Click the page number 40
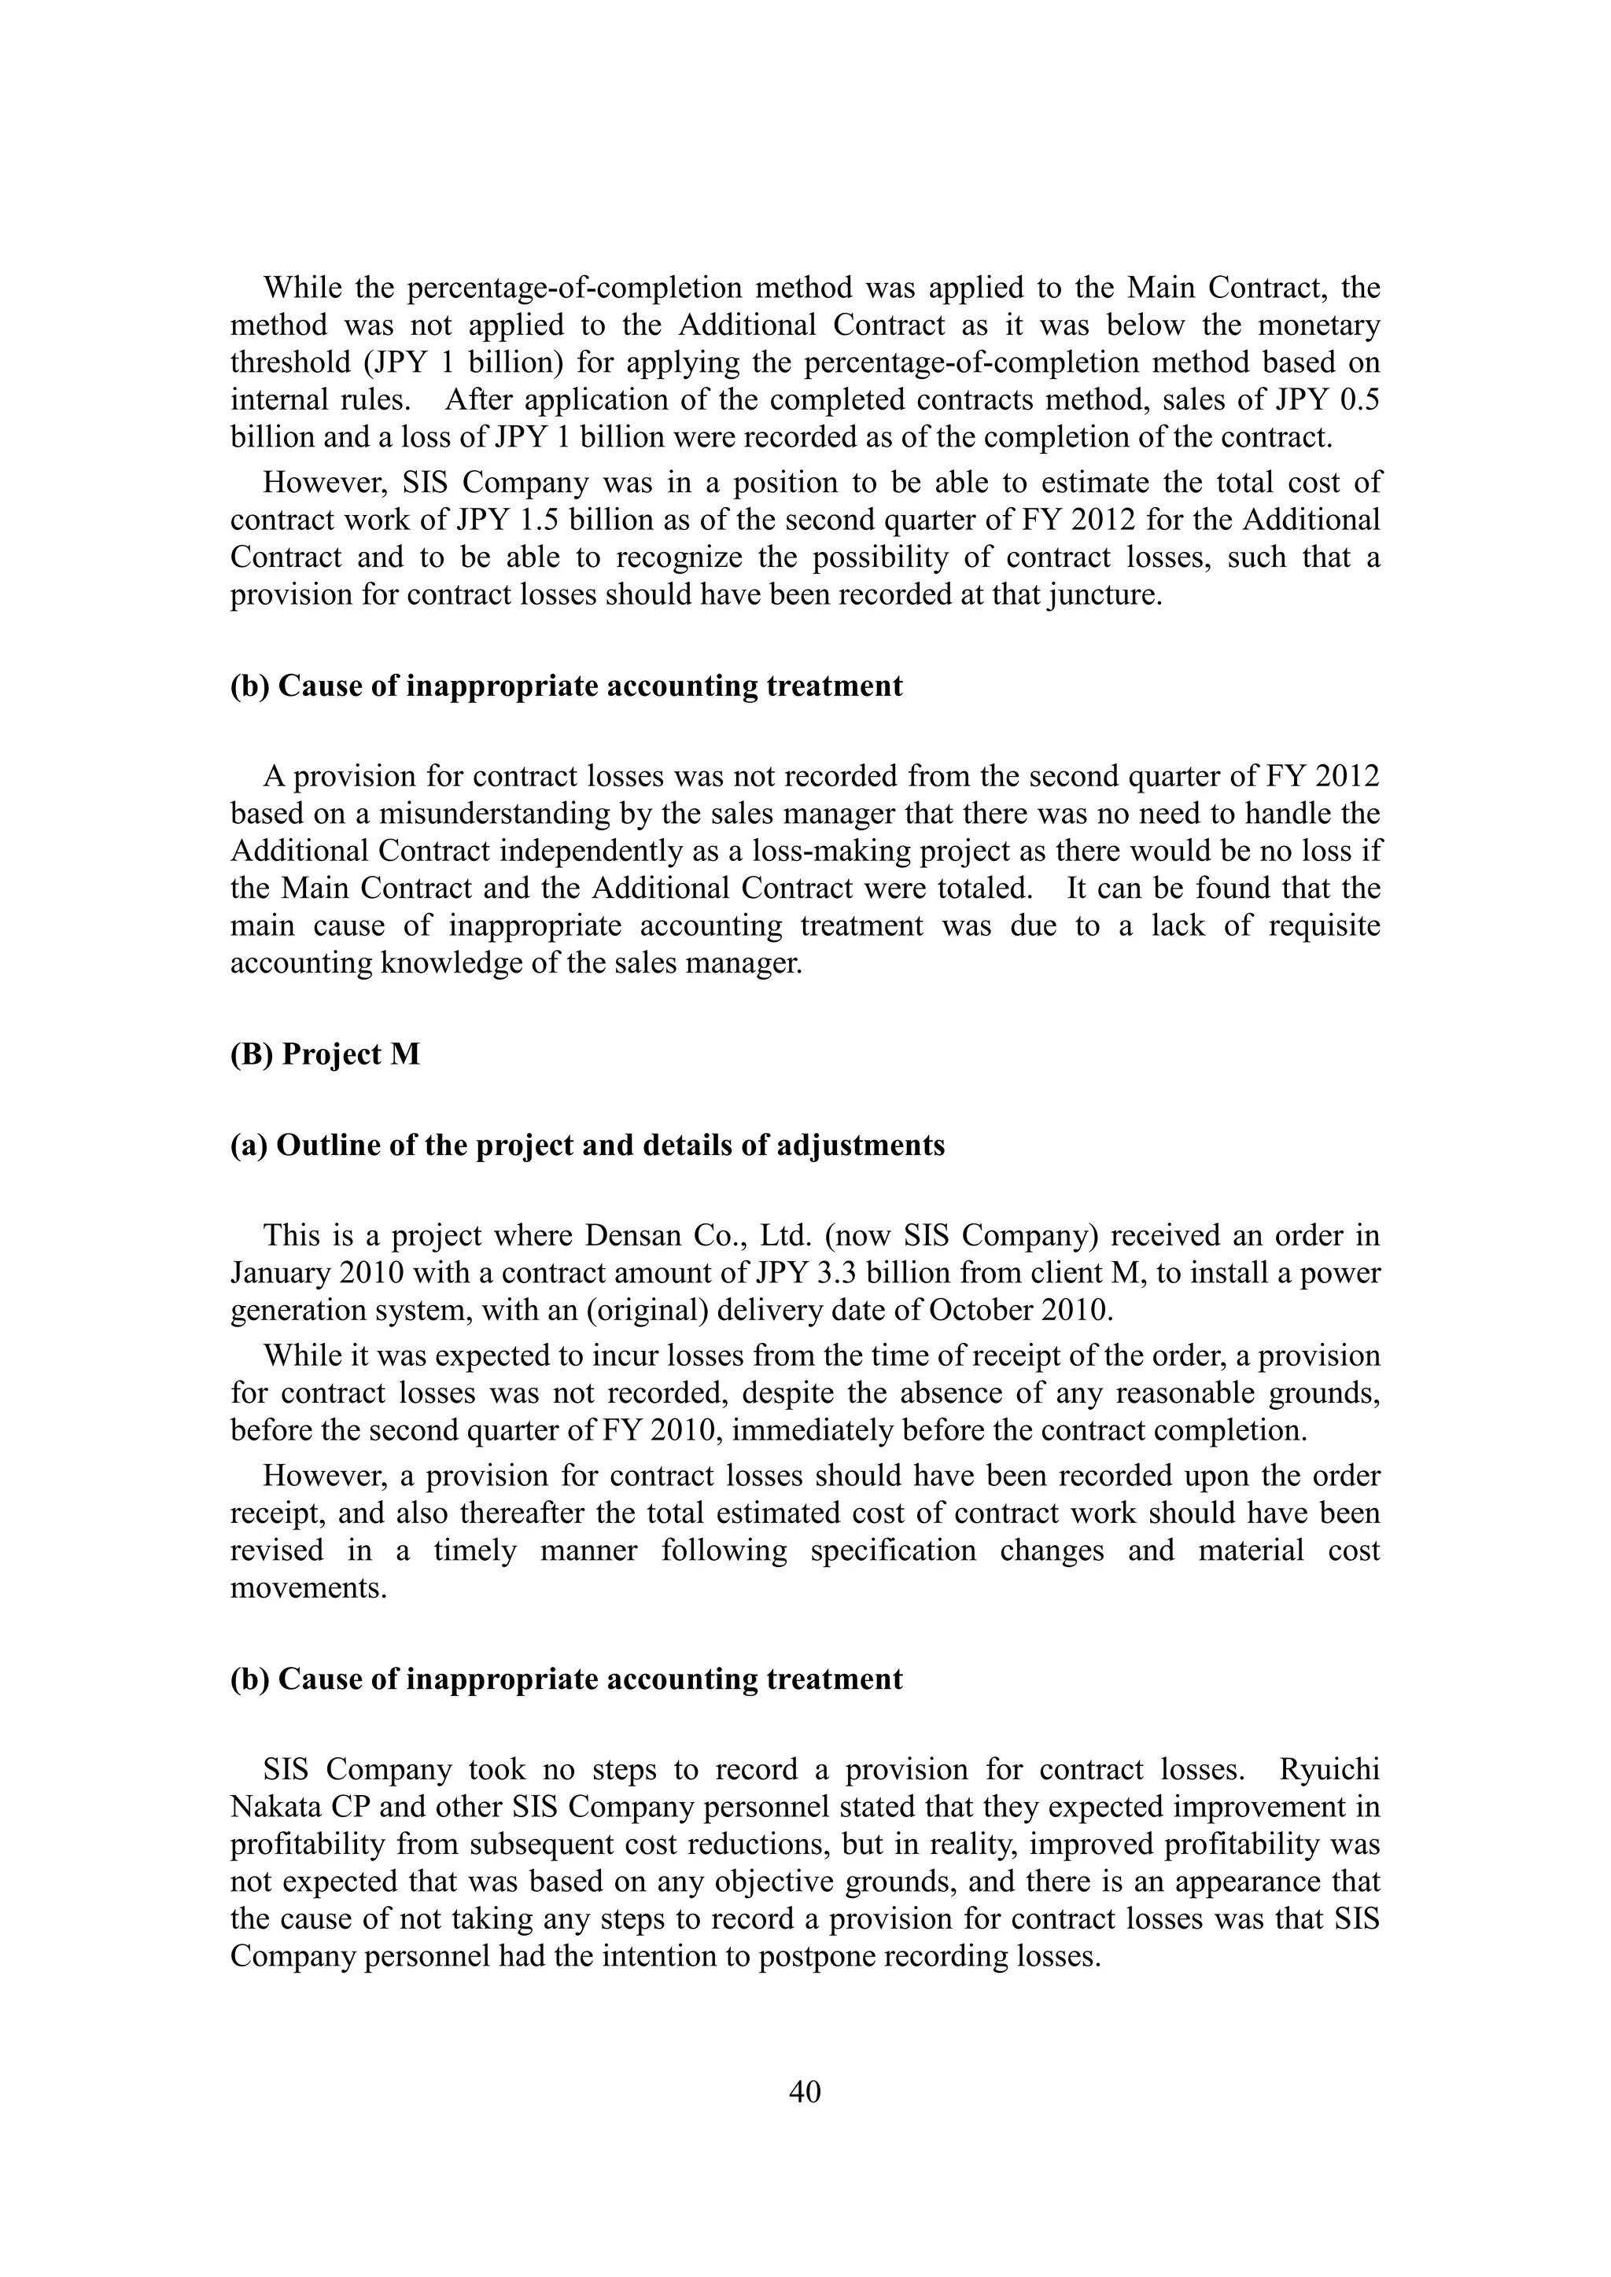click(805, 2091)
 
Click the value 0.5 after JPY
click(1360, 399)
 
